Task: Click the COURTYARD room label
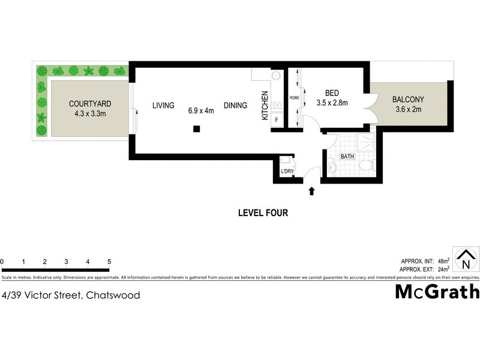(x=89, y=104)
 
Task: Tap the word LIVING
(x=163, y=106)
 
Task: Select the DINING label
(x=235, y=106)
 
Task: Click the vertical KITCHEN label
(x=264, y=106)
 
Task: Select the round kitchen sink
(x=277, y=76)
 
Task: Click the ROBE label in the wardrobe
(x=295, y=97)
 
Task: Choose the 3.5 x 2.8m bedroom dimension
(x=332, y=103)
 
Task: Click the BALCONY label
(x=408, y=100)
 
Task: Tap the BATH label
(x=347, y=157)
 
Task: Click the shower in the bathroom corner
(x=364, y=142)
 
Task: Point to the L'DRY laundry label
(x=287, y=172)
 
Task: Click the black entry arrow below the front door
(x=311, y=191)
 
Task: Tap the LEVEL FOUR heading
(x=263, y=212)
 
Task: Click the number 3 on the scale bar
(x=66, y=262)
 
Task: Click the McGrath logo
(x=437, y=292)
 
